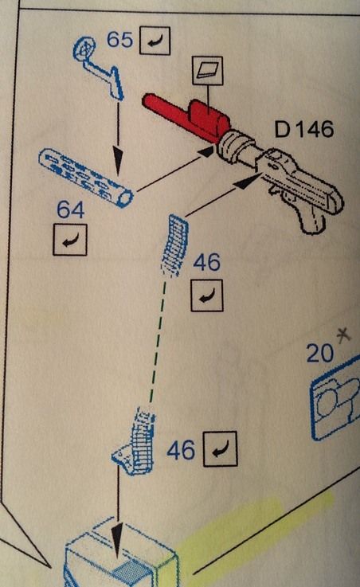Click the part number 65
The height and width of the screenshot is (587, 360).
119,39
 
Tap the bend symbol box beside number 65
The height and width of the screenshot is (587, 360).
155,41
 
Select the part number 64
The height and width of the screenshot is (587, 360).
70,209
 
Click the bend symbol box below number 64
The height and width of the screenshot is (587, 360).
70,240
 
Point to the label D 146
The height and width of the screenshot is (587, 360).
304,129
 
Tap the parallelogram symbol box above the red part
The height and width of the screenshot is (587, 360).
207,70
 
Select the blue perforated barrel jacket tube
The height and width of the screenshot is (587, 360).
85,177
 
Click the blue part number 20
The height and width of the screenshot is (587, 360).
319,353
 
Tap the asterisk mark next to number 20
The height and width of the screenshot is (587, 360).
343,335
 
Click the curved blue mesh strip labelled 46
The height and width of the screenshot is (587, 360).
174,245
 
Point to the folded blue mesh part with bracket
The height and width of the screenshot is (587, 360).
135,442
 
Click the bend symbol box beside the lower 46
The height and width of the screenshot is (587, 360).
221,449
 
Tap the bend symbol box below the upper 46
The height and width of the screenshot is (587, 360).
207,295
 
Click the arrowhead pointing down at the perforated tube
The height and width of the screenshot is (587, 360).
118,161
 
